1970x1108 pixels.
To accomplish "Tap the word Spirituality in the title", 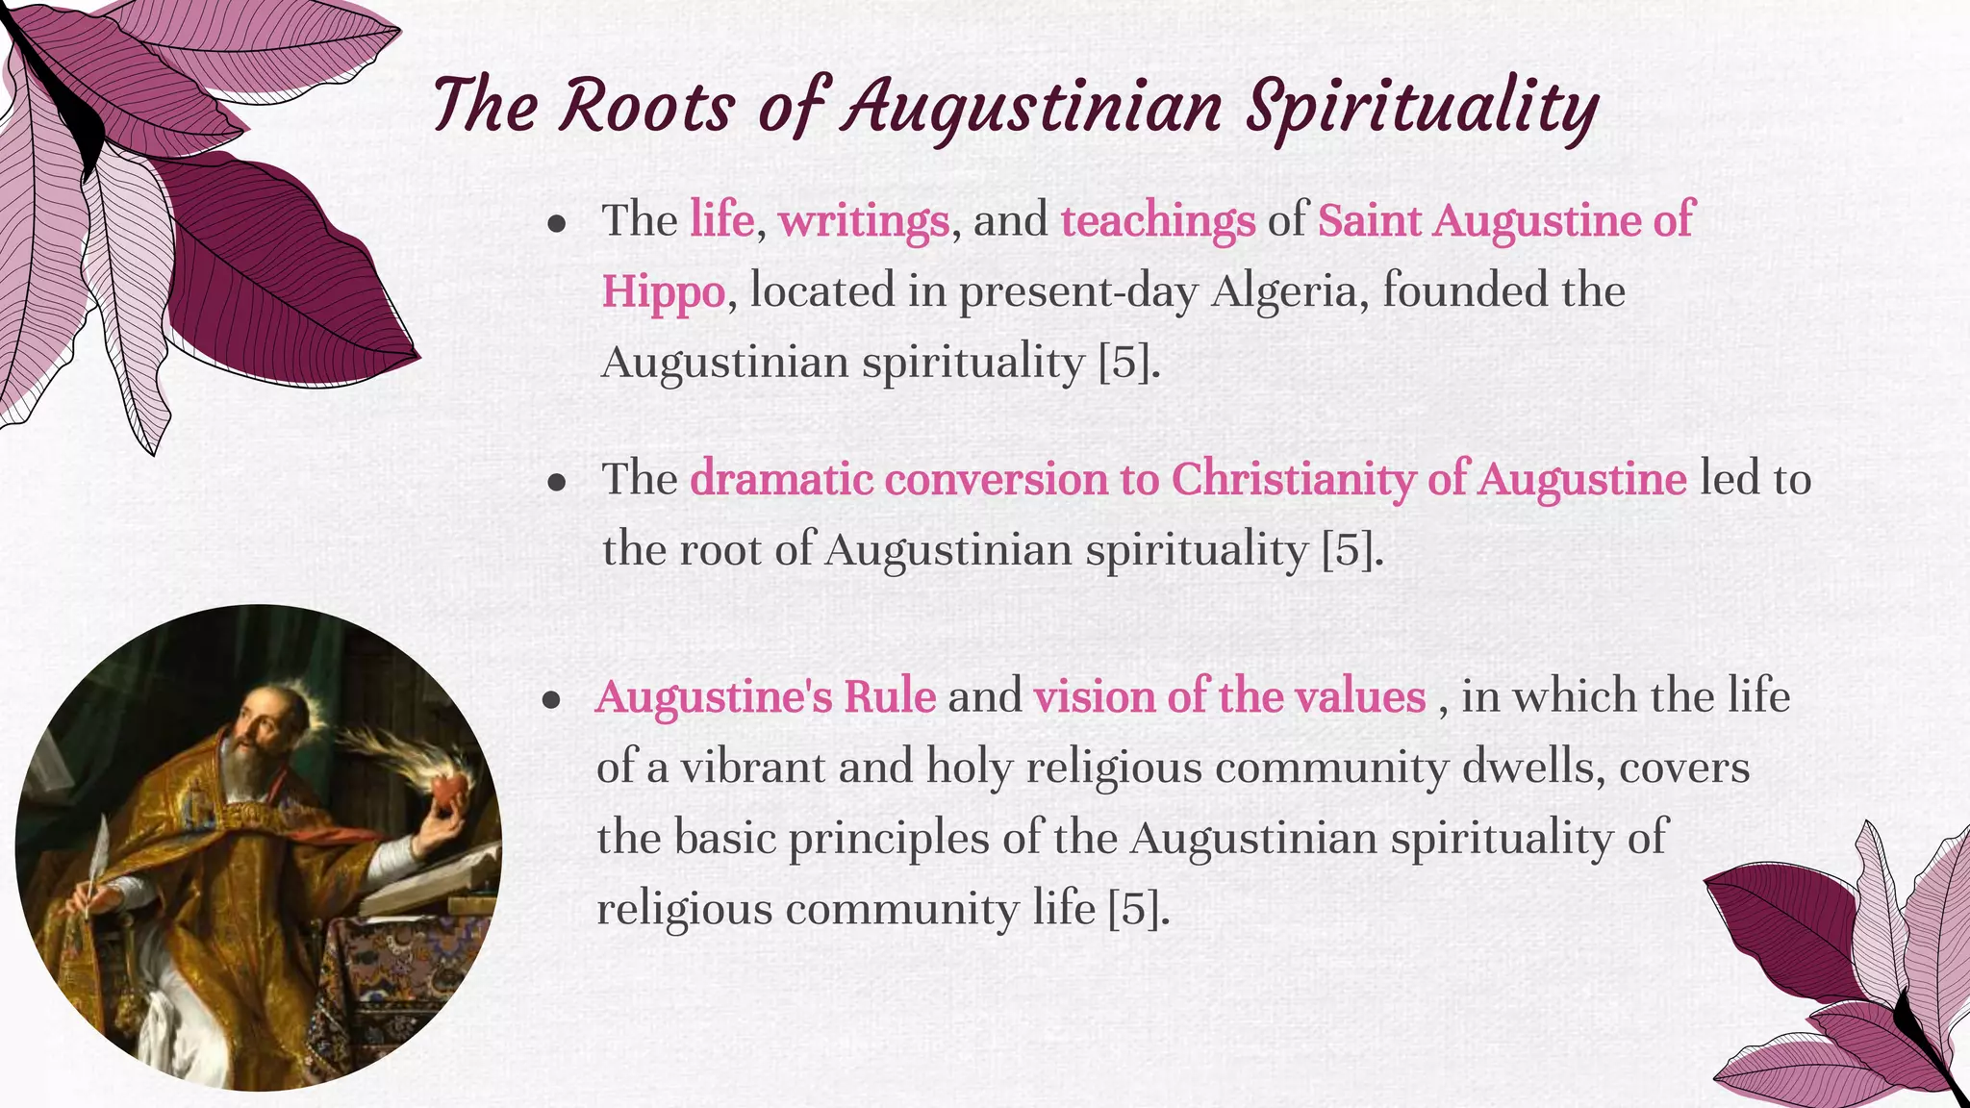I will pos(1422,108).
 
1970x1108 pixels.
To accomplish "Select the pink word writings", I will pos(863,220).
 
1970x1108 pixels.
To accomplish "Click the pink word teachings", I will pos(1157,220).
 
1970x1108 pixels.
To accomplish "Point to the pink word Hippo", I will pos(663,291).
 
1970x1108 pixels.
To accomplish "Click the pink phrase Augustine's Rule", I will pos(766,696).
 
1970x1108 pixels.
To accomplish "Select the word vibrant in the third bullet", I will pos(752,768).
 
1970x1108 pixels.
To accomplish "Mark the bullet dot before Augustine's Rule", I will pos(551,699).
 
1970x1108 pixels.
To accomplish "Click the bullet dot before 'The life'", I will pos(556,224).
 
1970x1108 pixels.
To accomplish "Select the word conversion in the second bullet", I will pos(996,479).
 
